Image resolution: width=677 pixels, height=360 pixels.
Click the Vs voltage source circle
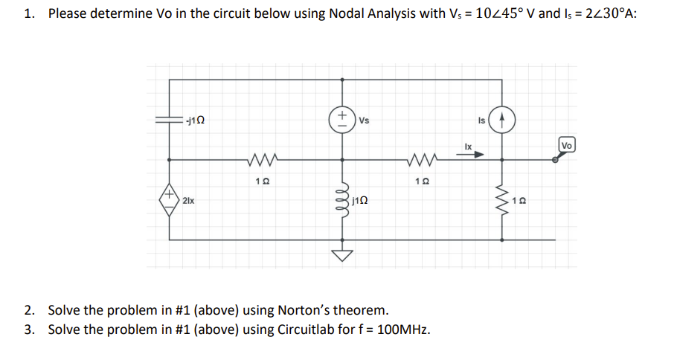pos(342,119)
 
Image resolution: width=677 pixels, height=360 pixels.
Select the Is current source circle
pos(503,119)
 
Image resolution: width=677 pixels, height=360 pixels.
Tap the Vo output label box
pos(567,144)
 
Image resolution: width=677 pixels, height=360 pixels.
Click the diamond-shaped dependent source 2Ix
pos(170,199)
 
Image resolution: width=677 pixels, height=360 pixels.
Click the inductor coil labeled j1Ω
pos(342,199)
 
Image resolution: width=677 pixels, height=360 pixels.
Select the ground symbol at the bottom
pos(342,255)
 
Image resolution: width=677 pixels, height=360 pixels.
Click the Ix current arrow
pos(477,156)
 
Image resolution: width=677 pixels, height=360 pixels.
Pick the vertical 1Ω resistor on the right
pos(502,199)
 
